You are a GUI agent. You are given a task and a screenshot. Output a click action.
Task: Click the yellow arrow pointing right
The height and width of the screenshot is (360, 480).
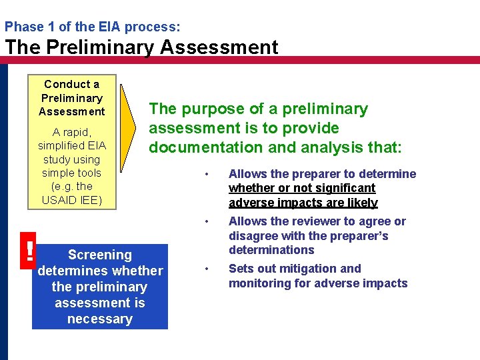(x=129, y=127)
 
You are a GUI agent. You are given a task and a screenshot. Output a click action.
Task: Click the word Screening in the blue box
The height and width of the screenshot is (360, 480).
(x=100, y=255)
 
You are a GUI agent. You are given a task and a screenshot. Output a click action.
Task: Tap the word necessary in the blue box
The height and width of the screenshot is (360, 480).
(x=100, y=319)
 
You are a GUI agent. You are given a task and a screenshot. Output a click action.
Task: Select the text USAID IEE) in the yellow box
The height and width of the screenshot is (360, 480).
(x=71, y=200)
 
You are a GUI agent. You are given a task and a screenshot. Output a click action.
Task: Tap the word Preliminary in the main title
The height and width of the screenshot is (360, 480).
(x=103, y=47)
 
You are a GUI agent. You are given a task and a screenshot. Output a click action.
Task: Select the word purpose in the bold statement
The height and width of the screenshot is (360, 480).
(x=209, y=109)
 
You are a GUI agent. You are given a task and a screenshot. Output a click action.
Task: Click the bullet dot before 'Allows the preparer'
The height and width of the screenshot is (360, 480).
(x=207, y=175)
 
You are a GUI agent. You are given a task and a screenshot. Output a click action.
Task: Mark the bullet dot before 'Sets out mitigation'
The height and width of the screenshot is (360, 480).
(x=207, y=269)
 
